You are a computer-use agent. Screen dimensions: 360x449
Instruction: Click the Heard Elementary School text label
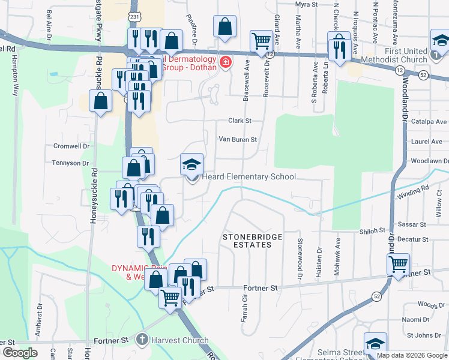point(249,176)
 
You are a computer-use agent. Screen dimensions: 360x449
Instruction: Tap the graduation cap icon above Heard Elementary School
point(192,164)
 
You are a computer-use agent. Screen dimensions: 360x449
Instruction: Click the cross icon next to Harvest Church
point(142,340)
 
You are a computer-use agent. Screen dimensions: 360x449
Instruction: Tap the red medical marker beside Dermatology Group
point(225,62)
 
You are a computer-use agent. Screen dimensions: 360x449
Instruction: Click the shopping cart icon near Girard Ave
point(261,42)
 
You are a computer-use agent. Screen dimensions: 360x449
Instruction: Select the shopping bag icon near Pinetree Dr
point(224,26)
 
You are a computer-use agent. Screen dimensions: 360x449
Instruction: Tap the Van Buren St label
point(237,139)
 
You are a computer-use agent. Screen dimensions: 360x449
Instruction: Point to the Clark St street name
point(239,121)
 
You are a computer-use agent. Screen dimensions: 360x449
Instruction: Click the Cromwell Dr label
point(71,146)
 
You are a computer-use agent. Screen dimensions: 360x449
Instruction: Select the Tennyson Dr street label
point(70,163)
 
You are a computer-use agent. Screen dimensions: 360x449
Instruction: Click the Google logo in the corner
point(20,352)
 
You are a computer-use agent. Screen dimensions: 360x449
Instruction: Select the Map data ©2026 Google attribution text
point(411,355)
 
